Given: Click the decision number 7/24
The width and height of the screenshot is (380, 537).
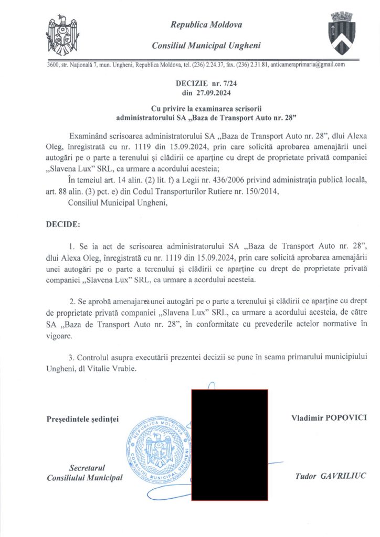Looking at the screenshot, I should point(235,83).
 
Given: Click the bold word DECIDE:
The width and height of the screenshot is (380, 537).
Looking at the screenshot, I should point(64,224).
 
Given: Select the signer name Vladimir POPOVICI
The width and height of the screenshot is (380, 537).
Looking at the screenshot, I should point(329,418).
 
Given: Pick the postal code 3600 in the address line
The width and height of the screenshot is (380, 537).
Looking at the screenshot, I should point(52,65).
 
